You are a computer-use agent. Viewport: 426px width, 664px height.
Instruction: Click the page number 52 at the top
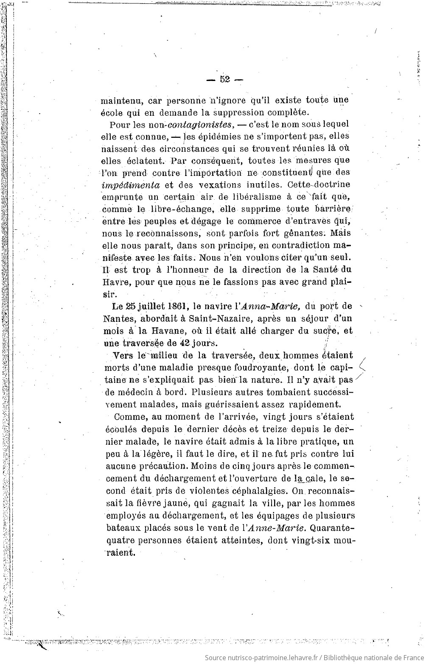click(224, 79)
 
